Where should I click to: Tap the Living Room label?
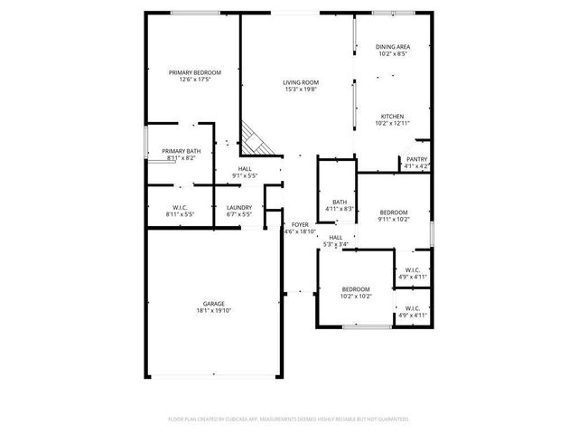(x=302, y=82)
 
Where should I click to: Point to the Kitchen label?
(x=392, y=117)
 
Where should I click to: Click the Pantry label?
(x=416, y=159)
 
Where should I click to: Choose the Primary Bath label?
(x=181, y=151)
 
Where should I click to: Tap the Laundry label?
(x=238, y=208)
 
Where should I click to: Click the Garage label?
(x=213, y=304)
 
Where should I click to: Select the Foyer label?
(x=300, y=224)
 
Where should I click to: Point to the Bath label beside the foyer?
(x=339, y=202)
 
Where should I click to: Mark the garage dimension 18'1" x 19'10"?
(x=213, y=311)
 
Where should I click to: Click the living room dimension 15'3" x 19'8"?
(x=302, y=90)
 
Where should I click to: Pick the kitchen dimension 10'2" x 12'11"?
(x=392, y=124)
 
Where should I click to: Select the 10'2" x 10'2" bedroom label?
(x=356, y=297)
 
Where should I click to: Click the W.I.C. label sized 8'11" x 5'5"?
(x=180, y=215)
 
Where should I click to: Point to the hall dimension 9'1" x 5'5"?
(x=245, y=175)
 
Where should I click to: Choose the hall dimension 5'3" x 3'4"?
(x=335, y=244)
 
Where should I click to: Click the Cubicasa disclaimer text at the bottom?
(x=289, y=420)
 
